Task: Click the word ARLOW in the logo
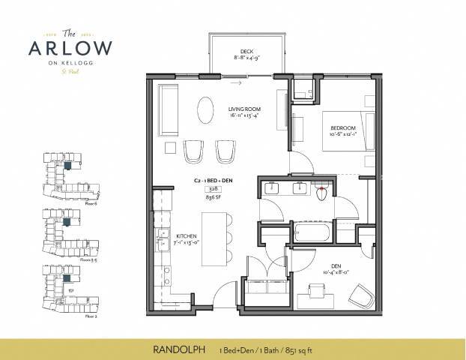pos(71,48)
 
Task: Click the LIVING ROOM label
pos(245,111)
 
